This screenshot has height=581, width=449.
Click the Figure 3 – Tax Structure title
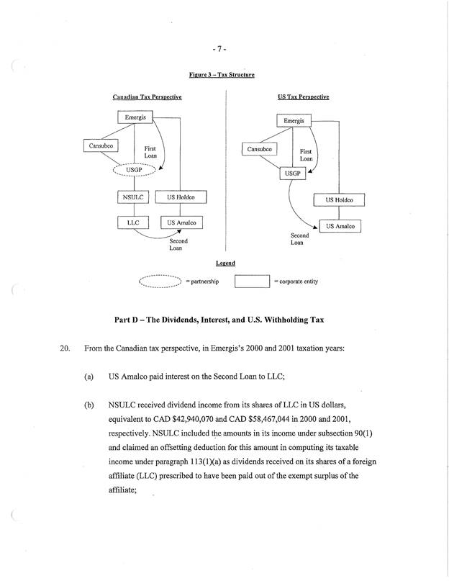tap(222, 75)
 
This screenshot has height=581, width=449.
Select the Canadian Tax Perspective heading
tap(147, 96)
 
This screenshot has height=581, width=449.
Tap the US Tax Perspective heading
tap(303, 96)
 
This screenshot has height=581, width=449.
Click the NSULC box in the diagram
tap(133, 197)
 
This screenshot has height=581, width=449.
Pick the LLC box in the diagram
tap(133, 223)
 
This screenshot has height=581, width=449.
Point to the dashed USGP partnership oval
tap(135, 171)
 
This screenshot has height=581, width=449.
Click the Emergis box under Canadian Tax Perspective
tap(135, 117)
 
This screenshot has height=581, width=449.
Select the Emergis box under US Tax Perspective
tap(293, 121)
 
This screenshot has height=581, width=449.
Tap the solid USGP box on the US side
tap(292, 174)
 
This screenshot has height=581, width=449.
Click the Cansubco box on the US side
tap(260, 150)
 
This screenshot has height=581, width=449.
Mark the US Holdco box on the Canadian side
tap(183, 197)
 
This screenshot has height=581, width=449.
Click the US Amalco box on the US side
tap(340, 226)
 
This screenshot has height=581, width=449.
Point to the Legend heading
tap(225, 264)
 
